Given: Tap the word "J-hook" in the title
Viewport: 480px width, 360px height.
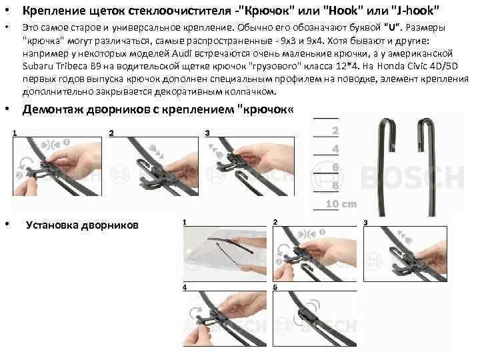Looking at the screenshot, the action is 415,11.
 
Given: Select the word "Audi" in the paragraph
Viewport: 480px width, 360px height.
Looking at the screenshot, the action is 181,53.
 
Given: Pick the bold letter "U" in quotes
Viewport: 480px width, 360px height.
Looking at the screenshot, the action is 391,27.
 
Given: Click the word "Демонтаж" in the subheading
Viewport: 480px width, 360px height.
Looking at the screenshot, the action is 53,109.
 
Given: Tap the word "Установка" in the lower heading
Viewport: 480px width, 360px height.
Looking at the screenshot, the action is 52,225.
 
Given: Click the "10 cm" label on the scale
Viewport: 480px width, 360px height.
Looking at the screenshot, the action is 341,203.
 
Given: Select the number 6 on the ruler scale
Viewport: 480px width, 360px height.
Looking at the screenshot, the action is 335,167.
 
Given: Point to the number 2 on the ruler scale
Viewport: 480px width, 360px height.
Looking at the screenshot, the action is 335,131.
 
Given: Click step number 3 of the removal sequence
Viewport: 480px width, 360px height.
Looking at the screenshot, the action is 207,133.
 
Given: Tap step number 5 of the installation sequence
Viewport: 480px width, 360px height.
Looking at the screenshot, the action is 275,287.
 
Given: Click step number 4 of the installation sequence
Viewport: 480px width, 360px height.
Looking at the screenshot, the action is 185,287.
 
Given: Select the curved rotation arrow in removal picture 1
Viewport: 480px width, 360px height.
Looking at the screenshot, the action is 21,165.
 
